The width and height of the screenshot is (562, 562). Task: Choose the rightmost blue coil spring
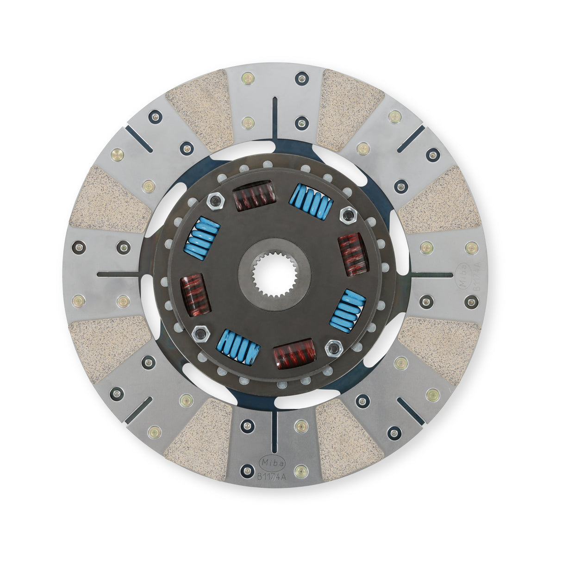[x=348, y=311]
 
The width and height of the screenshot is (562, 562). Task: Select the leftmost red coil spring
[x=195, y=295]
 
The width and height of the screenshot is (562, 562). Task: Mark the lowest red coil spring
[x=294, y=354]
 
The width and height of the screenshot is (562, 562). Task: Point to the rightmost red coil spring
[x=353, y=255]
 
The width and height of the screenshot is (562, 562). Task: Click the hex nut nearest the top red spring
[x=214, y=200]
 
